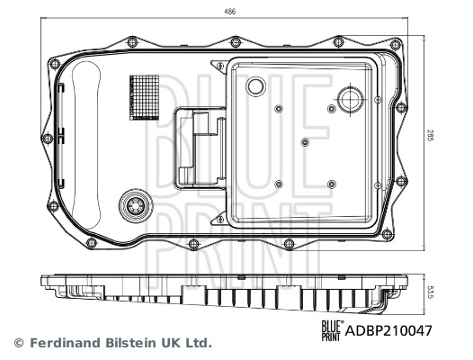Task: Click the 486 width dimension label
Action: (x=232, y=11)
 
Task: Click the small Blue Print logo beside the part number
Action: (x=332, y=331)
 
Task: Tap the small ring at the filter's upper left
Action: (x=255, y=86)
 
